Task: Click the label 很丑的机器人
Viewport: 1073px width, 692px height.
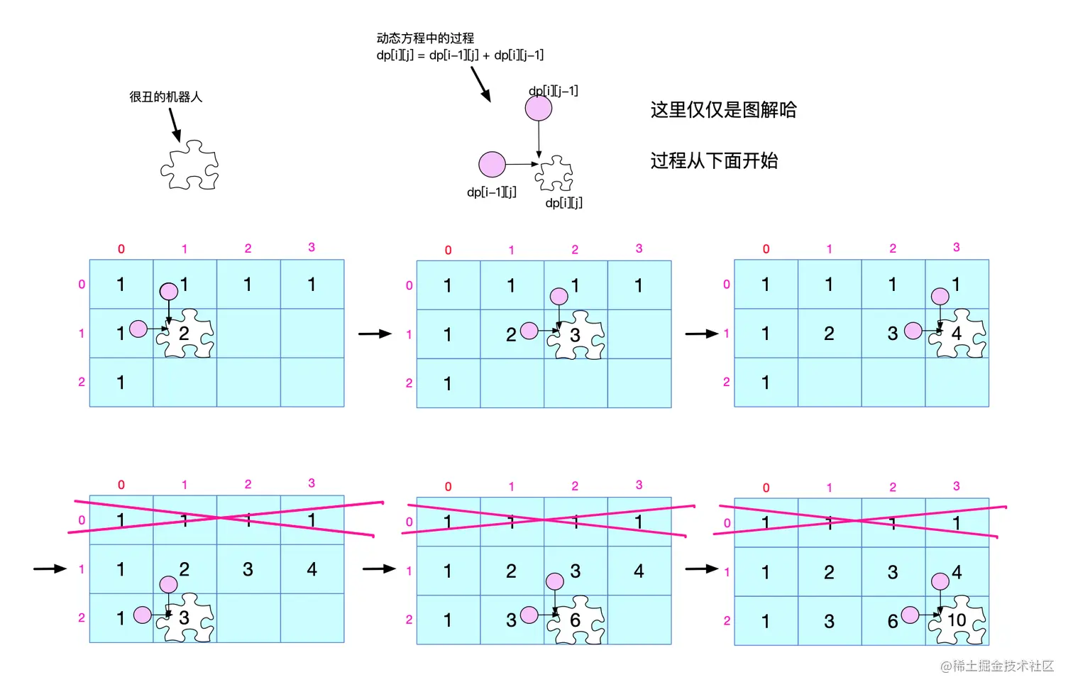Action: pos(165,97)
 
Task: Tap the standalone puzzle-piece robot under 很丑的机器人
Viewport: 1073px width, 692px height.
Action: pos(189,165)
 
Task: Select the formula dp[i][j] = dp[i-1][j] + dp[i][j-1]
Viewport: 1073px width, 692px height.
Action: pos(460,55)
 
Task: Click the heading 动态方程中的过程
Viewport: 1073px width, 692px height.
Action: pos(425,38)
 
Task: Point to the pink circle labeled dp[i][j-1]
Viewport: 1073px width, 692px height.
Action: pos(539,109)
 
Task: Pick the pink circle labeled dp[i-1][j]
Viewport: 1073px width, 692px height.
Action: pos(492,164)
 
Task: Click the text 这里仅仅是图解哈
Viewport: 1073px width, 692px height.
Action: pos(723,110)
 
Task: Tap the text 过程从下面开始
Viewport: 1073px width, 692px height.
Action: pos(714,161)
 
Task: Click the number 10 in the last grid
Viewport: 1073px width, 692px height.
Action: pos(957,620)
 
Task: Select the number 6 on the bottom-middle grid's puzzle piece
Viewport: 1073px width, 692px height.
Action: pos(575,620)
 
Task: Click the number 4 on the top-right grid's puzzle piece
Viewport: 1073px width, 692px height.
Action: pos(957,333)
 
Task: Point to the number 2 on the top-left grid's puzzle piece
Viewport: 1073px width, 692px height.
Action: pos(184,334)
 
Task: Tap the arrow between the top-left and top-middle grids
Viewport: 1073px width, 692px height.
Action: pos(375,334)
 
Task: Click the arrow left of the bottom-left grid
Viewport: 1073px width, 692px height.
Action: pos(50,569)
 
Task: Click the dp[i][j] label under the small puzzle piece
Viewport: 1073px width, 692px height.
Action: pos(563,203)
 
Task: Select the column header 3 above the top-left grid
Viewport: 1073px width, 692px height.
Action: pos(312,247)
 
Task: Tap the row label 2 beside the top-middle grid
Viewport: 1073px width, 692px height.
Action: pos(409,383)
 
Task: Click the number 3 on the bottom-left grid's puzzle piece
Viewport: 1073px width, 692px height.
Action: pos(184,618)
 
